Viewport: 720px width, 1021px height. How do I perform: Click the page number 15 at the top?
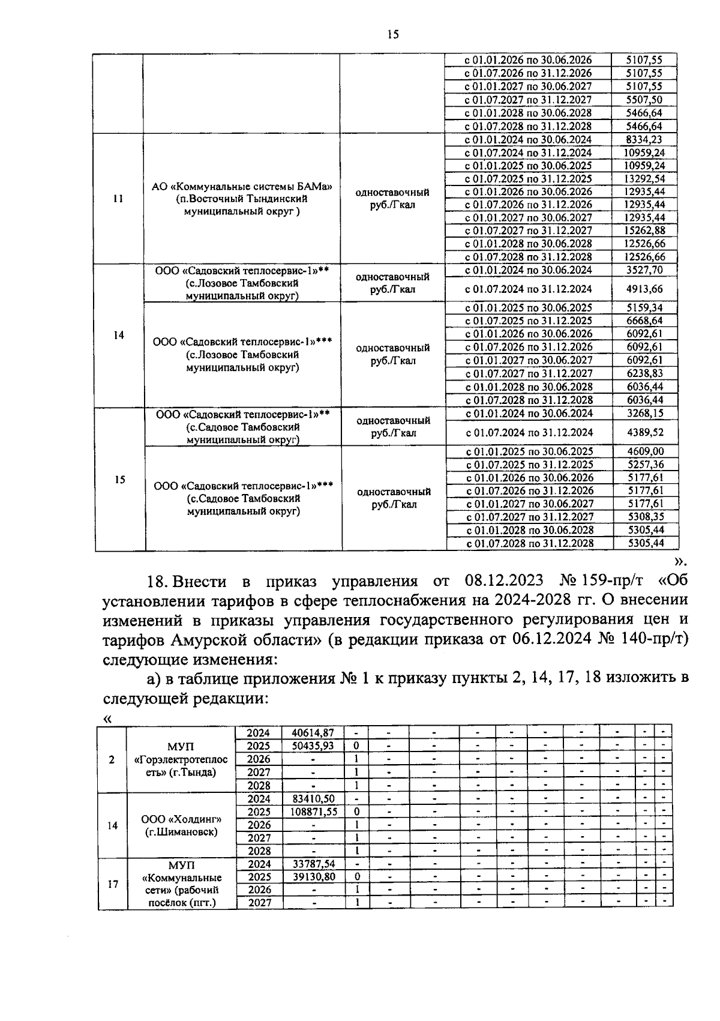pyautogui.click(x=393, y=35)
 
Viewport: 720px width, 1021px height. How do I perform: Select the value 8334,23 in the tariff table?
pyautogui.click(x=644, y=139)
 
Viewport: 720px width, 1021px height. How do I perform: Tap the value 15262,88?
pyautogui.click(x=644, y=230)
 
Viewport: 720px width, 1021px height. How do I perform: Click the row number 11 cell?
pyautogui.click(x=118, y=199)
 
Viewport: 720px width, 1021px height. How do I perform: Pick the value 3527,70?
pyautogui.click(x=644, y=270)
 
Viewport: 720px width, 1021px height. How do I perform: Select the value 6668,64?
pyautogui.click(x=644, y=321)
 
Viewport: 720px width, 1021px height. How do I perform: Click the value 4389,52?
pyautogui.click(x=645, y=432)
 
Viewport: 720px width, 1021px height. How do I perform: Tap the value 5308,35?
pyautogui.click(x=646, y=516)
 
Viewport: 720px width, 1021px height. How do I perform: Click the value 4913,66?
pyautogui.click(x=644, y=289)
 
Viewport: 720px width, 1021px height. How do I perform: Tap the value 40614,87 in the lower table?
pyautogui.click(x=313, y=733)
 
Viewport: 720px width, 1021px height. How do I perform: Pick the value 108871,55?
pyautogui.click(x=313, y=812)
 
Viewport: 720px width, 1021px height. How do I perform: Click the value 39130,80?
pyautogui.click(x=313, y=877)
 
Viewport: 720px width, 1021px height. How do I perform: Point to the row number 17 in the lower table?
pyautogui.click(x=113, y=884)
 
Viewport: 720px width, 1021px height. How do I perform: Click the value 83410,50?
pyautogui.click(x=313, y=799)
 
